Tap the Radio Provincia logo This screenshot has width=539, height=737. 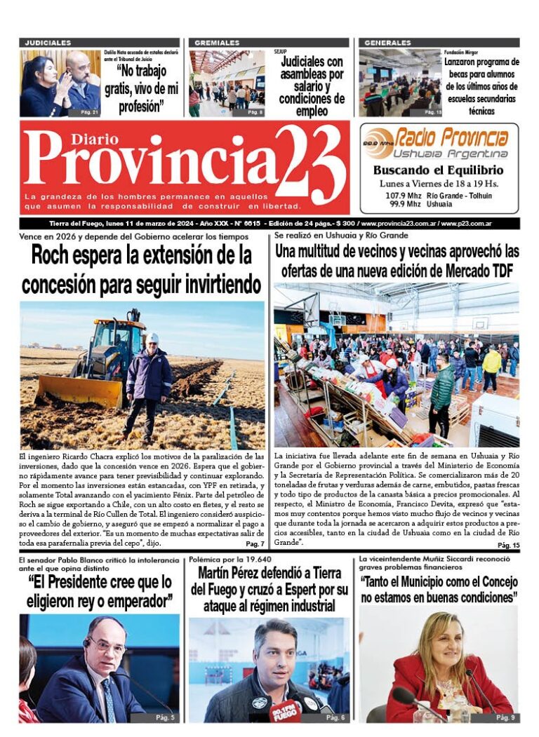439,143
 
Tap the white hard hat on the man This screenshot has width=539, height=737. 152,338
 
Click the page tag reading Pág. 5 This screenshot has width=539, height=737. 165,717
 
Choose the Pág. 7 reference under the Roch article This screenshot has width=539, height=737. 255,544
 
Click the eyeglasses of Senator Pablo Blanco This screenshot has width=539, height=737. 107,645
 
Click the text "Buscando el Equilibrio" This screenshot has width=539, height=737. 438,170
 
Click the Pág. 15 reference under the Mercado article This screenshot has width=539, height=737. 508,545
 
